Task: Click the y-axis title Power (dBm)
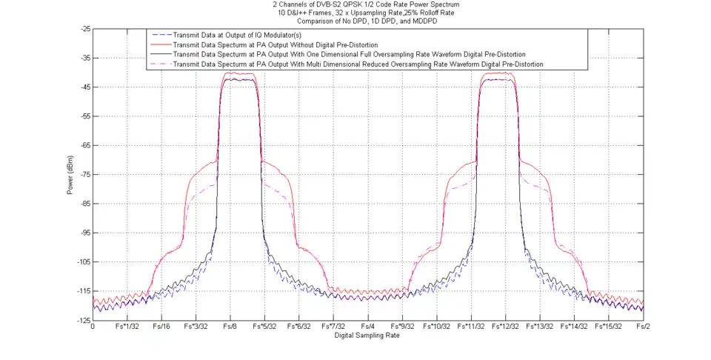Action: click(x=70, y=174)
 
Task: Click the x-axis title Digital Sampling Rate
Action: click(x=367, y=336)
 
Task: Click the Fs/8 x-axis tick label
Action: click(x=230, y=327)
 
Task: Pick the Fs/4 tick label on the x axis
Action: click(x=367, y=327)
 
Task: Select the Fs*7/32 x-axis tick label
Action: click(x=333, y=327)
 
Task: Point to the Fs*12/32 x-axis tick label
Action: click(x=505, y=327)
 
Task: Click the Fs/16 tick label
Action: click(x=161, y=327)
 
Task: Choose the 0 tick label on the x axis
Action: click(x=93, y=327)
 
